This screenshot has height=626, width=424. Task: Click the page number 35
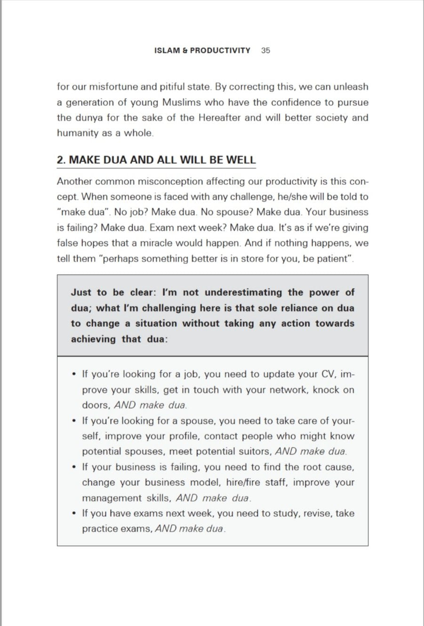[265, 50]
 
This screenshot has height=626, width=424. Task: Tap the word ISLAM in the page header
[168, 50]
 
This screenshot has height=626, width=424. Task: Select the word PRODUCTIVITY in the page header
[220, 50]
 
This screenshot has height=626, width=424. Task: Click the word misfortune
[115, 87]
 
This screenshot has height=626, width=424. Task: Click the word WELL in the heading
[240, 160]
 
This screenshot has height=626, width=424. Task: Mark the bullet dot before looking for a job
[74, 374]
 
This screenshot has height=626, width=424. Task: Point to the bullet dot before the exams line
[74, 513]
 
